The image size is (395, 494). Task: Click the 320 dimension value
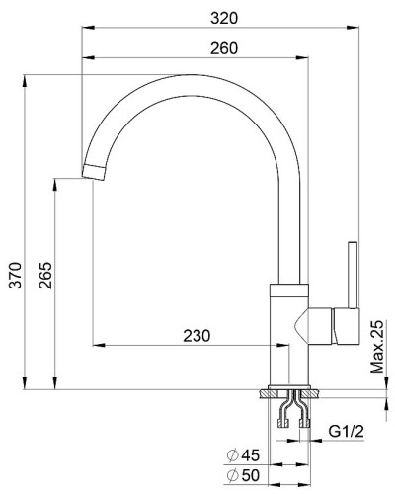(x=224, y=18)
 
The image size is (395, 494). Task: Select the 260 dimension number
(x=224, y=48)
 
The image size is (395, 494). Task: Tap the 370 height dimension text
(x=15, y=276)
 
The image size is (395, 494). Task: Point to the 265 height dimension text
(x=45, y=276)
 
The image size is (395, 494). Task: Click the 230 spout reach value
(x=197, y=336)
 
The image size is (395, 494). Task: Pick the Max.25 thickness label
(x=377, y=347)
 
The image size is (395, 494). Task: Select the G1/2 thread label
(x=347, y=431)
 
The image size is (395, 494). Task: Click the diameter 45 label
(x=244, y=455)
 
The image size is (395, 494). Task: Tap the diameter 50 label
(x=244, y=475)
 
